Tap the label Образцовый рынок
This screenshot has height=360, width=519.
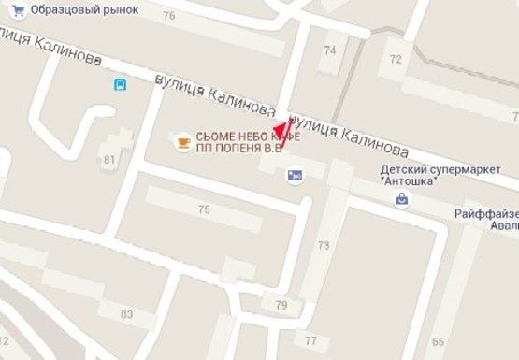[84, 8]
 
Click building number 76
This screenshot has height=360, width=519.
[168, 17]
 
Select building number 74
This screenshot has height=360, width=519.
[329, 50]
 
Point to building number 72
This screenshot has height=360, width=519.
[396, 59]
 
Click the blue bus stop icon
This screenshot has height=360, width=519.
[120, 85]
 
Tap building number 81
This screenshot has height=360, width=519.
[109, 159]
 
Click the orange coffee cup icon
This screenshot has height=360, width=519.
[183, 142]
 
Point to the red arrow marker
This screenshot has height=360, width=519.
[280, 131]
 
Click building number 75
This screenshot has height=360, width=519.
[204, 209]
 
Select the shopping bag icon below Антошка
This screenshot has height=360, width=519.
[402, 198]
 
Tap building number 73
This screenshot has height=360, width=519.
[324, 246]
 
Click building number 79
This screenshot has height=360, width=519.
[281, 306]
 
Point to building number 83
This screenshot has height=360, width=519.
[127, 312]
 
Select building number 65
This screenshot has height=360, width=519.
[439, 341]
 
